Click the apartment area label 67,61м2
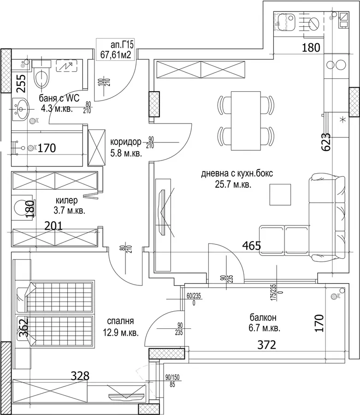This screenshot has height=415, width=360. [116, 55]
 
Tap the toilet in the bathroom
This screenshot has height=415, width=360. [41, 74]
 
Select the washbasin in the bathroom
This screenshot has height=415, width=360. [20, 109]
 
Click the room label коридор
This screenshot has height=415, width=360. [126, 142]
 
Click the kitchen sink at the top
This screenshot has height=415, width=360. [284, 22]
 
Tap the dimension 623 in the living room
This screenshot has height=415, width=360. [326, 142]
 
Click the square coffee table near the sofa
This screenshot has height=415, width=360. [280, 195]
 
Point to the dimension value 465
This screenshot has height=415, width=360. [252, 246]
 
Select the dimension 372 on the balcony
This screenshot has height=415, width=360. [266, 344]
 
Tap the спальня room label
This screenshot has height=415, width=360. [120, 321]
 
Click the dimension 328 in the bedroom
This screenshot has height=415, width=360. [80, 375]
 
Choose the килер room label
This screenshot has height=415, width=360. [67, 200]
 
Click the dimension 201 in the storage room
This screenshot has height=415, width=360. [53, 226]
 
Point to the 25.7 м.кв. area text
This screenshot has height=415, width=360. [233, 184]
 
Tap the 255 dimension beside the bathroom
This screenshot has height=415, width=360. [21, 83]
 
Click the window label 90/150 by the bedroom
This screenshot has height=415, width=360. [172, 377]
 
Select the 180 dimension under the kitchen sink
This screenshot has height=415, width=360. [311, 47]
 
